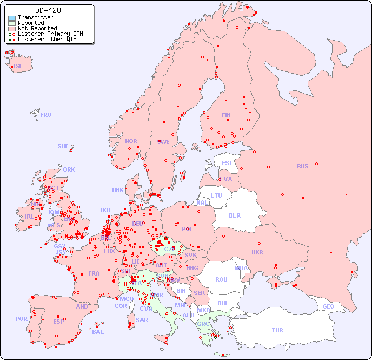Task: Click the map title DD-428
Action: (x=48, y=10)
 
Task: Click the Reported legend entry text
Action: (x=31, y=23)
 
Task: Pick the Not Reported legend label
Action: (x=37, y=29)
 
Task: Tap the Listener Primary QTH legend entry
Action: (x=50, y=34)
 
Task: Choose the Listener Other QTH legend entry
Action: (x=47, y=39)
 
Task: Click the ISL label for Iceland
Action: (x=18, y=67)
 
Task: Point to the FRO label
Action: (x=46, y=115)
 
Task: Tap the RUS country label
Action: (x=302, y=166)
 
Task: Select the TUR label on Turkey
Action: (x=277, y=330)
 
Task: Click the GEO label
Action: (x=328, y=306)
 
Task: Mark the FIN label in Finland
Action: (x=226, y=115)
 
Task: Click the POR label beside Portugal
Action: (x=21, y=319)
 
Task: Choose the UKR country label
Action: (x=257, y=252)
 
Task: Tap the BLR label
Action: (x=235, y=215)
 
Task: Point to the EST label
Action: (x=227, y=163)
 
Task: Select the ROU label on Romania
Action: (x=221, y=279)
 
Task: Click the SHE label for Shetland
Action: (x=63, y=146)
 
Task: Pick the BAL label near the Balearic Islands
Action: (x=97, y=332)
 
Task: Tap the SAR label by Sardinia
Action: (x=142, y=320)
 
